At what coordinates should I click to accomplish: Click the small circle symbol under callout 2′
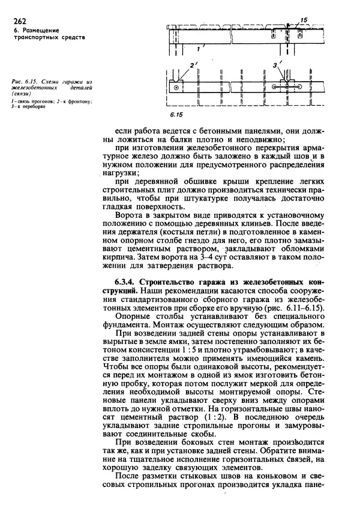[176, 88]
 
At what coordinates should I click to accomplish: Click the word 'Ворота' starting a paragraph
[129, 213]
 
